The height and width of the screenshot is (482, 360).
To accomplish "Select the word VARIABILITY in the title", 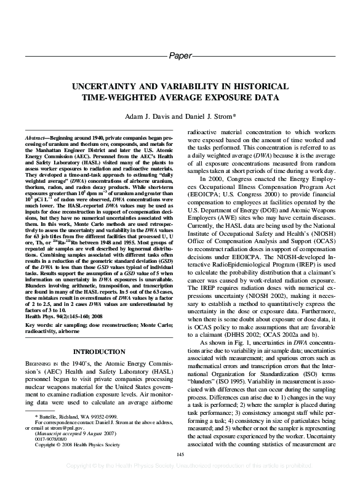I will pos(214,87).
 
